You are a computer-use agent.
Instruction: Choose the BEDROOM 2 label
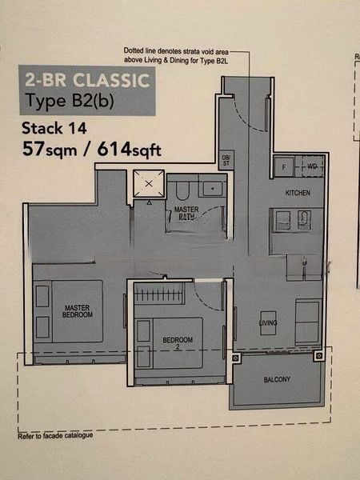pyautogui.click(x=178, y=342)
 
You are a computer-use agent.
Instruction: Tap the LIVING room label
pyautogui.click(x=266, y=323)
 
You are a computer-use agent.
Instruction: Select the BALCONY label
pyautogui.click(x=276, y=379)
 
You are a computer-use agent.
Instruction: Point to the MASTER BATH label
pyautogui.click(x=187, y=214)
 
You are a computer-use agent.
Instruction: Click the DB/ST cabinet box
pyautogui.click(x=226, y=159)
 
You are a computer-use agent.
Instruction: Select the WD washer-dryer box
pyautogui.click(x=311, y=166)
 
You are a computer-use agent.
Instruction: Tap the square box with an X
pyautogui.click(x=147, y=185)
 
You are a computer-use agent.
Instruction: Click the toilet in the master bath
pyautogui.click(x=182, y=189)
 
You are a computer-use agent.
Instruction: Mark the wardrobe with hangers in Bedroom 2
pyautogui.click(x=159, y=293)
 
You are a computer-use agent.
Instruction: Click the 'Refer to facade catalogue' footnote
pyautogui.click(x=55, y=435)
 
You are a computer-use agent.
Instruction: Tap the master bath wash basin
pyautogui.click(x=213, y=189)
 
